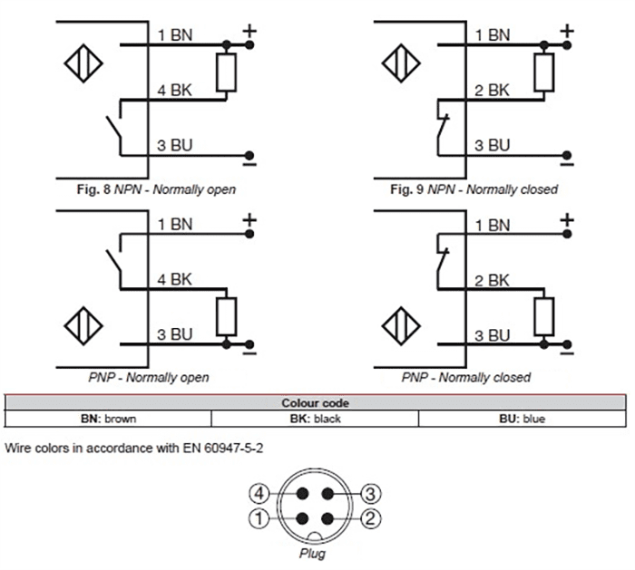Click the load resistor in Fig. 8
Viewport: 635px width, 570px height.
(227, 72)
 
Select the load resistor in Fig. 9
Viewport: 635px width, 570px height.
(544, 72)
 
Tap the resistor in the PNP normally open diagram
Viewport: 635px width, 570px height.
(227, 315)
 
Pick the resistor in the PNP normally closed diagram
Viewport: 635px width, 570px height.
(544, 315)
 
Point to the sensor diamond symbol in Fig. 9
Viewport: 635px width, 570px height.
(400, 63)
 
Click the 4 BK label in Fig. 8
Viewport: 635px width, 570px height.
(175, 91)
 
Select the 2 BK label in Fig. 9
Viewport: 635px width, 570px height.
(493, 91)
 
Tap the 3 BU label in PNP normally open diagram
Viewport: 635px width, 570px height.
(175, 334)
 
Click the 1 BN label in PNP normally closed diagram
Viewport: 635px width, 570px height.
(493, 223)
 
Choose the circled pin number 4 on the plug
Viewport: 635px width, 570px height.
(259, 494)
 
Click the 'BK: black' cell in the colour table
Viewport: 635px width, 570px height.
(314, 419)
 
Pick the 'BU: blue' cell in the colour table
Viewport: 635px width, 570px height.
(521, 419)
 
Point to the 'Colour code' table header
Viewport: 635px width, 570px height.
(315, 403)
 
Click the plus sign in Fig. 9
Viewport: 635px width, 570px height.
(568, 32)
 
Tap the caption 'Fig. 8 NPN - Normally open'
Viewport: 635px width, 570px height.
(155, 190)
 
